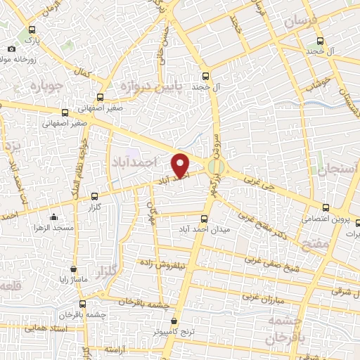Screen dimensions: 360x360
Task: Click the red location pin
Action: [x=181, y=165]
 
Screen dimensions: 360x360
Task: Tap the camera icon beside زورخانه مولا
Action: [x=12, y=49]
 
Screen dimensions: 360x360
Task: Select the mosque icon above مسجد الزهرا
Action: [x=53, y=217]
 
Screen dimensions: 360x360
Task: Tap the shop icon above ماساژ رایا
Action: [x=74, y=269]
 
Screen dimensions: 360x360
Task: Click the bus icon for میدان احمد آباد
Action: [x=205, y=219]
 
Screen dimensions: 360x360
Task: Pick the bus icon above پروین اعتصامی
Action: [x=325, y=207]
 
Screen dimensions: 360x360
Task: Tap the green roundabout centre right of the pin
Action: [x=217, y=167]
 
